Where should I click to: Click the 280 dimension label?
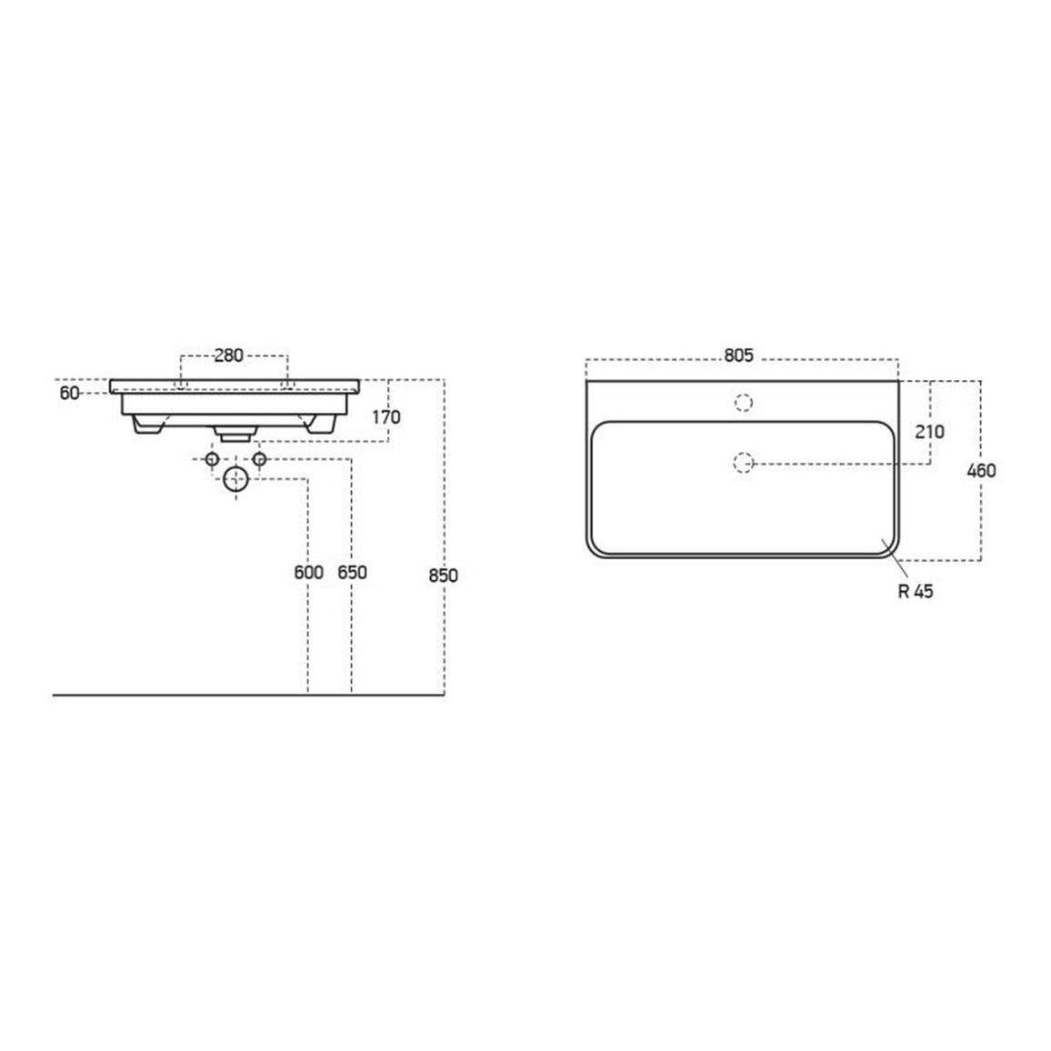pos(228,355)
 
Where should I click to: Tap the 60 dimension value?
pos(69,394)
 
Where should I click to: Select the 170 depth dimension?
pos(386,417)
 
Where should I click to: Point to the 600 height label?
pos(308,573)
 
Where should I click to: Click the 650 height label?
pos(352,573)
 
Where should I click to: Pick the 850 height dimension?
pos(443,576)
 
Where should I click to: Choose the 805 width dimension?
pos(738,355)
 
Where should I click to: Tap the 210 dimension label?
pos(930,432)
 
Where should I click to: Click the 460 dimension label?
pos(981,471)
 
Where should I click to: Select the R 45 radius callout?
pos(916,591)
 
